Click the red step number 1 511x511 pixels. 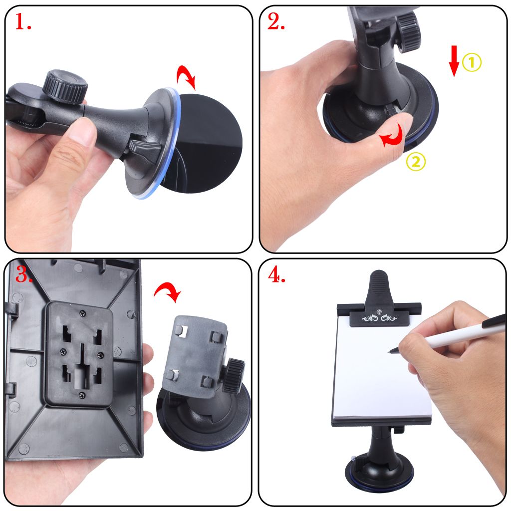pos(22,22)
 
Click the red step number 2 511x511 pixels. pos(276,22)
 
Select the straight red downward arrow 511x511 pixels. pos(454,61)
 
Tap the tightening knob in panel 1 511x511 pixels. pos(64,86)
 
